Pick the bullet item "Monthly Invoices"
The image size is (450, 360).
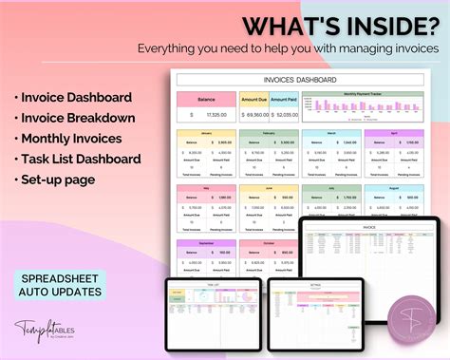click(66, 139)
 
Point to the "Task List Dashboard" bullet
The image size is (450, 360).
click(79, 160)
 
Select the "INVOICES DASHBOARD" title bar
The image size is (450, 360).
click(295, 80)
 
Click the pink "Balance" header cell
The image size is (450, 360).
click(206, 98)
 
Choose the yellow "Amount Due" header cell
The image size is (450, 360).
click(254, 98)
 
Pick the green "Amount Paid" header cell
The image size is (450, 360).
click(284, 98)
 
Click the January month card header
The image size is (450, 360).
click(206, 134)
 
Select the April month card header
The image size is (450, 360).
click(394, 134)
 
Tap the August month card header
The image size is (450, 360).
click(394, 188)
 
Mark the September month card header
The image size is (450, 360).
click(206, 242)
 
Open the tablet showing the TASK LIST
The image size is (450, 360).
click(214, 310)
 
